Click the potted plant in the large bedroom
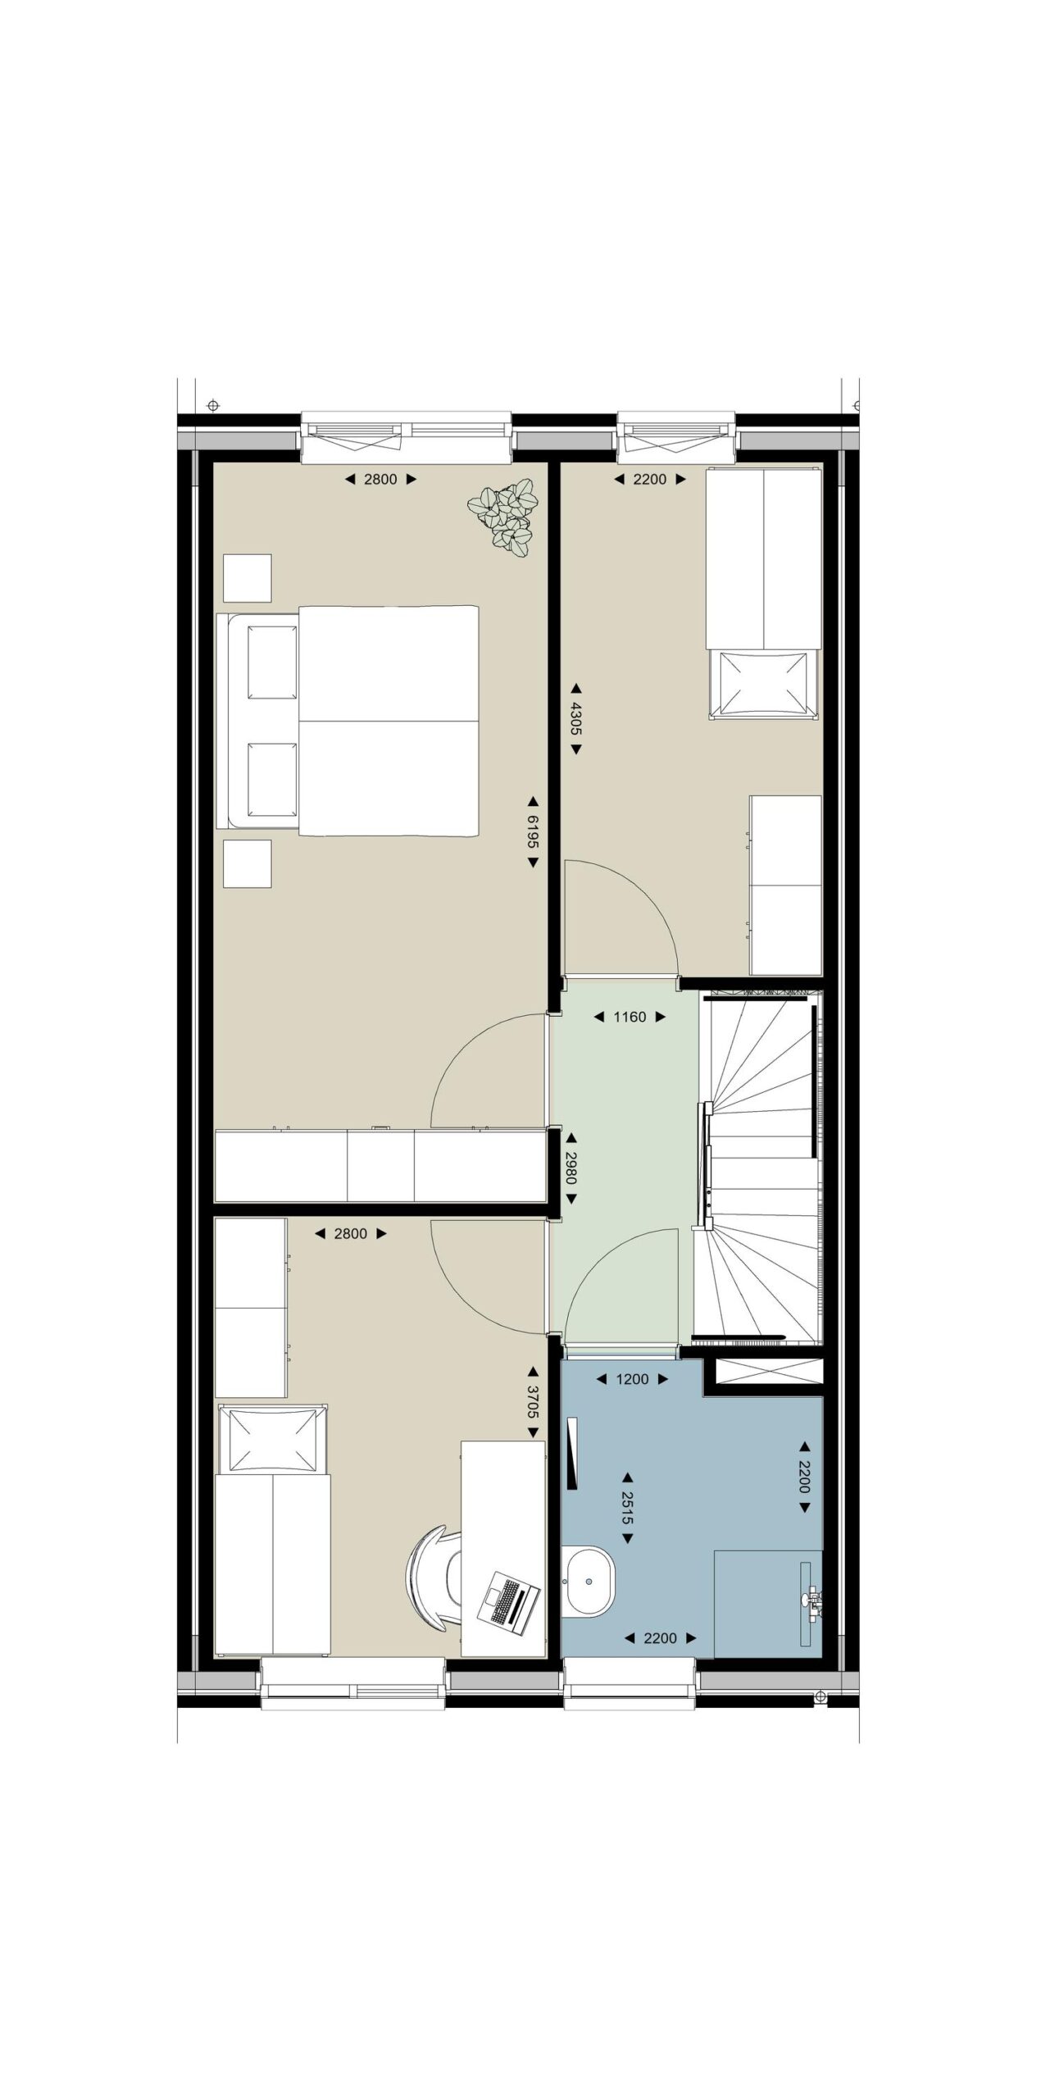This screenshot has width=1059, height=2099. (502, 518)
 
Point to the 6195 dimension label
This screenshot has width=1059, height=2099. (533, 831)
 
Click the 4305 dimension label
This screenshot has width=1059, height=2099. (575, 718)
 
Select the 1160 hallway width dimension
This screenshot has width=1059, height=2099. (629, 1017)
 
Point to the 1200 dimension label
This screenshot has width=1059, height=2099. (632, 1379)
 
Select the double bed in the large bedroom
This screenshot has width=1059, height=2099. (348, 721)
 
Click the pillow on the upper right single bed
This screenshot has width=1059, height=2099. (765, 683)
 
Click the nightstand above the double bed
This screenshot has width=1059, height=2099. (247, 578)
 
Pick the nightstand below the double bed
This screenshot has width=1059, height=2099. (247, 863)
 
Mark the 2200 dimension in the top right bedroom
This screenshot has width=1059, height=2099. (650, 479)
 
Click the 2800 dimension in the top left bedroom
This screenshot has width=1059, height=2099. (380, 479)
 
